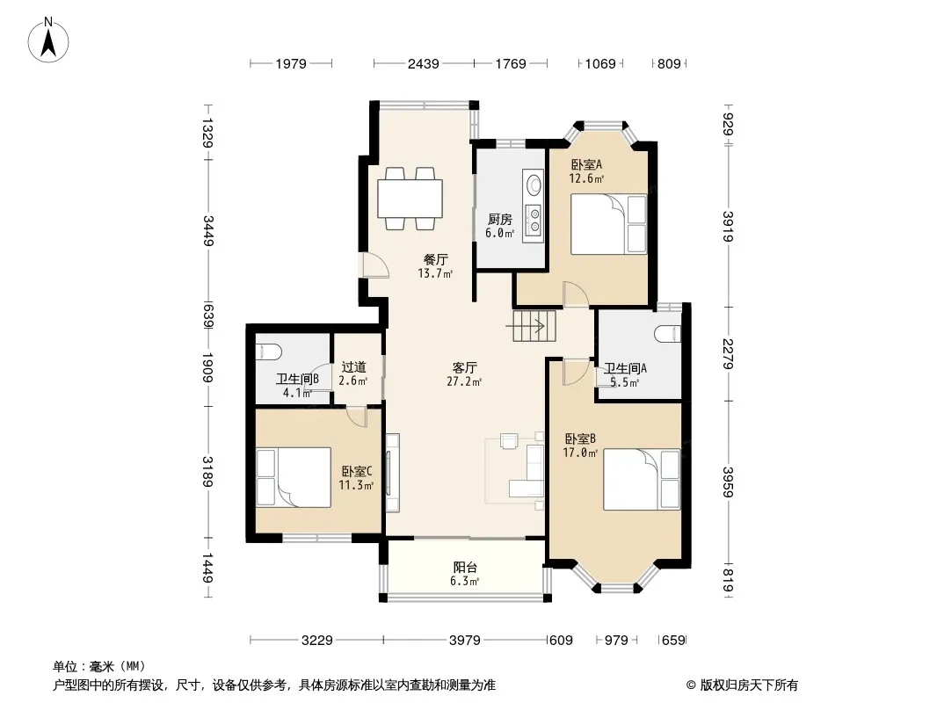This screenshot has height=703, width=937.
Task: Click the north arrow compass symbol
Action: (48, 40)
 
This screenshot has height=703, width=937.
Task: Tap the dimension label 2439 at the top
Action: (423, 63)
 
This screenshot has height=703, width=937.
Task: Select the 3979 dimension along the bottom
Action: (464, 641)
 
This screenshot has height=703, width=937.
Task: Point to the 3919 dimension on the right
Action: (727, 227)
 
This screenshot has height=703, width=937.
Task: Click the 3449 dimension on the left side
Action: (208, 230)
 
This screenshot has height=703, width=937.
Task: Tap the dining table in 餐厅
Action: (410, 199)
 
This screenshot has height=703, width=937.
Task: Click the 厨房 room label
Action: (499, 219)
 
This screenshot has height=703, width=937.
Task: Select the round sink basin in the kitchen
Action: (533, 184)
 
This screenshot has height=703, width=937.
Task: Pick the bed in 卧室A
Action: (608, 224)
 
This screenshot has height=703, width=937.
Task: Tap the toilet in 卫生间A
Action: (668, 333)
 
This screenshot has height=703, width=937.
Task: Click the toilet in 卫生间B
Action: (268, 352)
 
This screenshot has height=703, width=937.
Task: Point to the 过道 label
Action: (353, 366)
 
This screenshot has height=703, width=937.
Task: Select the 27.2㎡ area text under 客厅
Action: (464, 381)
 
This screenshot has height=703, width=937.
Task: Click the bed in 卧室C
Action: (294, 477)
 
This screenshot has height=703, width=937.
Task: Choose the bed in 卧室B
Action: (642, 480)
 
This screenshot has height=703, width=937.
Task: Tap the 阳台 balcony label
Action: (465, 568)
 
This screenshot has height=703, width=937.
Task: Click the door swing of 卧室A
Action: (576, 294)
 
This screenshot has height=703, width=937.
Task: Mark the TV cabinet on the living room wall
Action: (393, 473)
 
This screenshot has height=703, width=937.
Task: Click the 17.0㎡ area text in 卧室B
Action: (580, 453)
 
